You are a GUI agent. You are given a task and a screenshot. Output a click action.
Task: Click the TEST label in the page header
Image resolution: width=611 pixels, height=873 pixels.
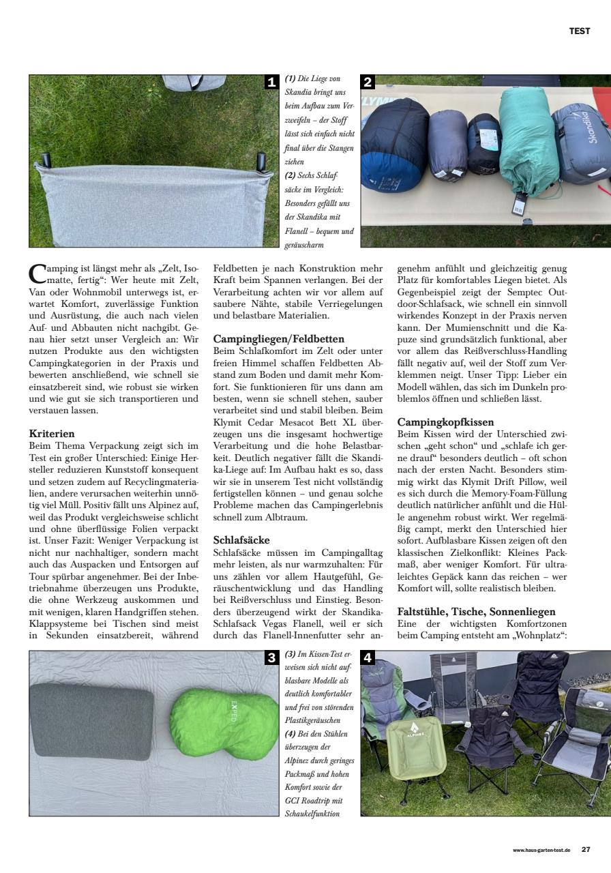click(x=580, y=31)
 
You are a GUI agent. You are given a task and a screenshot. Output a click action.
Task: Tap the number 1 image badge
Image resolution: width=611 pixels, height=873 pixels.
click(x=271, y=83)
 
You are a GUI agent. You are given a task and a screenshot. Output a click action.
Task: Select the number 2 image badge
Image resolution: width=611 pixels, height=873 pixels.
click(x=368, y=83)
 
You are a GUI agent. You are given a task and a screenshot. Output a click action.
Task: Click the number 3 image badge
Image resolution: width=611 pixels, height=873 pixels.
click(x=271, y=658)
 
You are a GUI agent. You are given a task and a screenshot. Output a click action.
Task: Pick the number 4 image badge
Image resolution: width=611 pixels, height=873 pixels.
click(x=368, y=658)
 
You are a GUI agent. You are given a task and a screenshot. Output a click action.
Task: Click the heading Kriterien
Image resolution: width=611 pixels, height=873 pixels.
click(x=52, y=433)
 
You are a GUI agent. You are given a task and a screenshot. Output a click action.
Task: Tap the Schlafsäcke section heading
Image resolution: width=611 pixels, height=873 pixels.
click(x=241, y=540)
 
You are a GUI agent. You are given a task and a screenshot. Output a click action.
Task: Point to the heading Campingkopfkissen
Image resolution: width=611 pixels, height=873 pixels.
click(x=445, y=422)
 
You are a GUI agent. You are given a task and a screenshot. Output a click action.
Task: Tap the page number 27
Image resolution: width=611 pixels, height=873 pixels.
click(x=586, y=850)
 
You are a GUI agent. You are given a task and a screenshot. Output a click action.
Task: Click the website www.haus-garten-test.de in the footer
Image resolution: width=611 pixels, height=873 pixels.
click(x=542, y=850)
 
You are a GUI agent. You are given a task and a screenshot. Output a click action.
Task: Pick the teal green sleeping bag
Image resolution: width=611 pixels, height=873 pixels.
click(x=522, y=140)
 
